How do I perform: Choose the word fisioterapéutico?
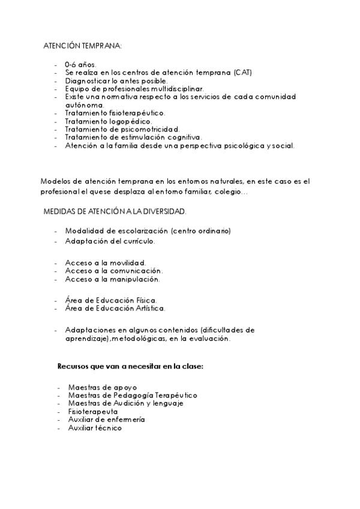coord(137,112)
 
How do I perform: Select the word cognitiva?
coord(182,136)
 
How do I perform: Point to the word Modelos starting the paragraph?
coord(55,180)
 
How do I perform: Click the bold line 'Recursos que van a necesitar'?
coord(130,366)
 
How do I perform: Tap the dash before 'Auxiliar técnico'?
coord(58,428)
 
